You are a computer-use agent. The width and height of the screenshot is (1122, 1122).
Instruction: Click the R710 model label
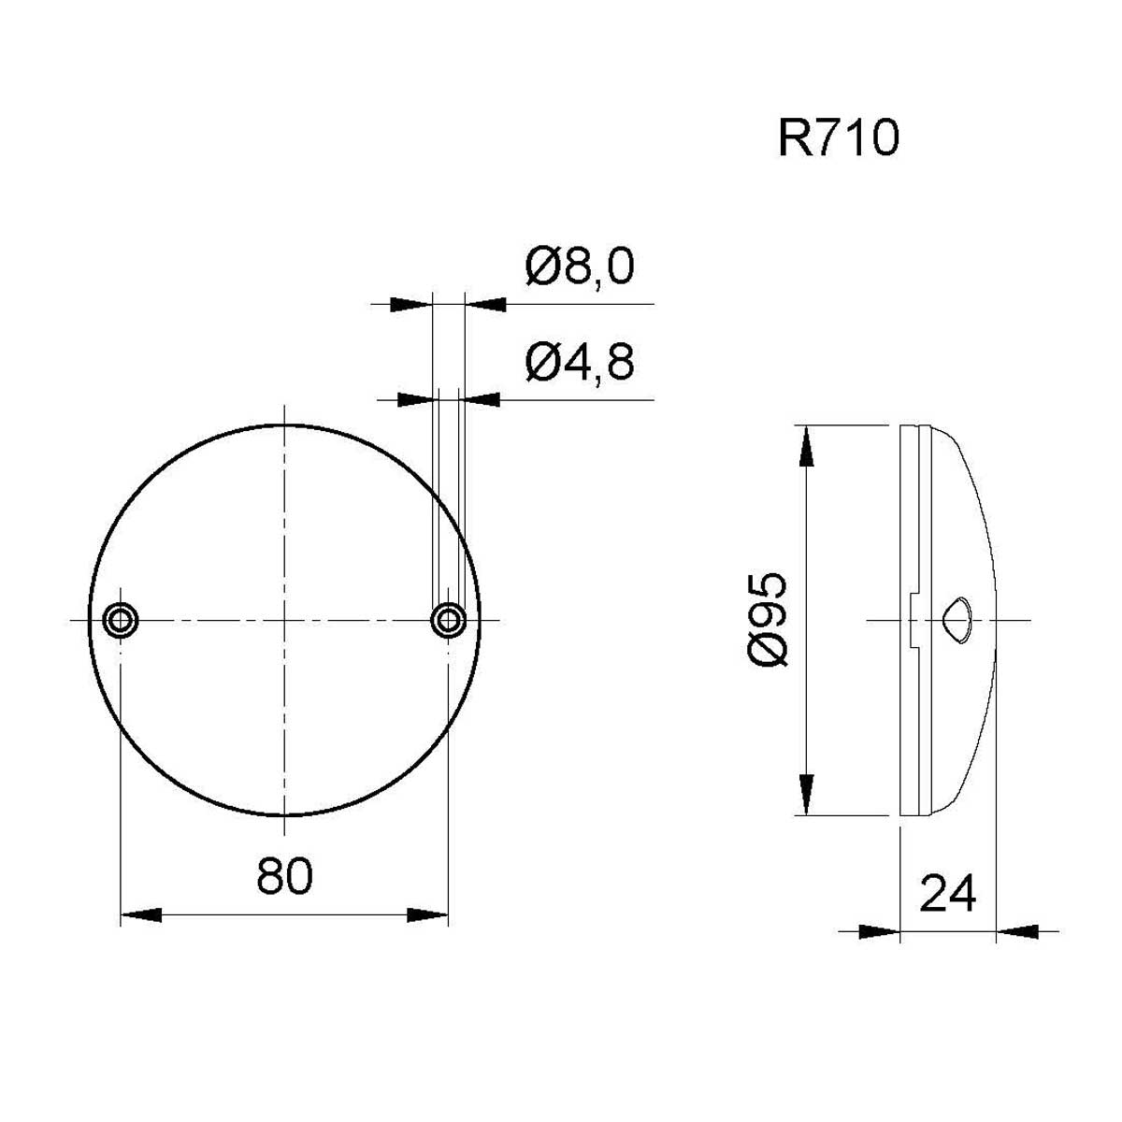coord(839,138)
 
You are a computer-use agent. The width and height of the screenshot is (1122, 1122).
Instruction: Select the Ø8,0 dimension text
coord(580,266)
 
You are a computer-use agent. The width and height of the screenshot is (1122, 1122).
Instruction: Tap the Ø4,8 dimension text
coord(580,362)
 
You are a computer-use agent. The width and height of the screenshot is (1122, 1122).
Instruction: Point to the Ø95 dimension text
coord(767,619)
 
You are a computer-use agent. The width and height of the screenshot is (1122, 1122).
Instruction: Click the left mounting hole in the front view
coord(120,620)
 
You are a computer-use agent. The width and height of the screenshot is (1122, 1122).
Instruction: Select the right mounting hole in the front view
coord(449,620)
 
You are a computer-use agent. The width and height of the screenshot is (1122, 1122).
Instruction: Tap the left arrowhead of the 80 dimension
coord(140,914)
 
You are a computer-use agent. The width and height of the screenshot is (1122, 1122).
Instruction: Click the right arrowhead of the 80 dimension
coord(427,914)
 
